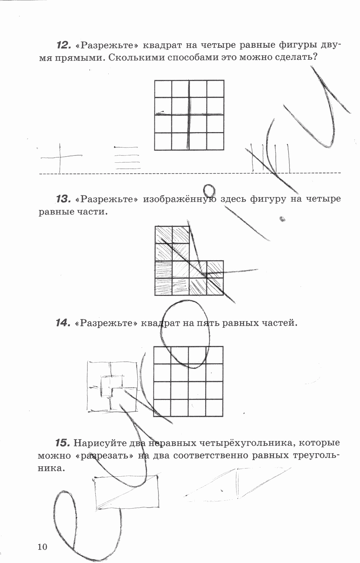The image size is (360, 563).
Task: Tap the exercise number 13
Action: [63, 199]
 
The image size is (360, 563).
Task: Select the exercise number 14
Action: [63, 323]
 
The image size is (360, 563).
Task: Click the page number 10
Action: [42, 547]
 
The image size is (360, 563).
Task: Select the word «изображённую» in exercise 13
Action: [179, 199]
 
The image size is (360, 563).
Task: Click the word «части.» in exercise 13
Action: [93, 212]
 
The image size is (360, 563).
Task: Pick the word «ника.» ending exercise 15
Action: [51, 468]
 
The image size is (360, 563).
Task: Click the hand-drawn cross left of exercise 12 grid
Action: [60, 157]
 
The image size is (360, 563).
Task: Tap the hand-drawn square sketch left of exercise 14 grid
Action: [112, 386]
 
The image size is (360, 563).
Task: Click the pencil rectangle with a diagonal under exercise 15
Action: [127, 492]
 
